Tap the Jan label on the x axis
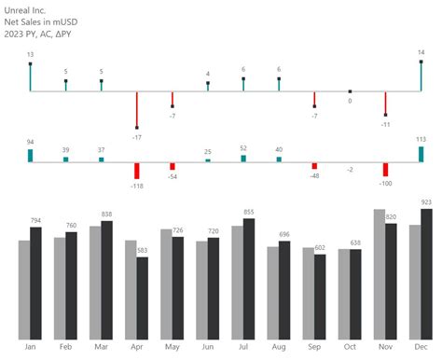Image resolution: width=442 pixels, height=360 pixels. (x=30, y=347)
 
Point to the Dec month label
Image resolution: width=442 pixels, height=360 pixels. (x=421, y=347)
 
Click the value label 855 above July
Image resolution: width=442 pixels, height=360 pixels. (x=248, y=213)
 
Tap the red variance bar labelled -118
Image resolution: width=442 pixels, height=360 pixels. (x=136, y=171)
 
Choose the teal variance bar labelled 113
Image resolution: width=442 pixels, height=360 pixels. (x=421, y=155)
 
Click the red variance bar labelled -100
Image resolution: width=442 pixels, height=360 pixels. (x=385, y=170)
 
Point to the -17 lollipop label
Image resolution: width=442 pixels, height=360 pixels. (x=137, y=137)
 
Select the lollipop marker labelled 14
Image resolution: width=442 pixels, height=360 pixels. (x=421, y=63)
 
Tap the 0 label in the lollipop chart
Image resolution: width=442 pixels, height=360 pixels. (x=350, y=101)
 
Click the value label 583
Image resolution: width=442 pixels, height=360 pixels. (x=142, y=251)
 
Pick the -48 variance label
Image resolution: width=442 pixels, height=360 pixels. (x=314, y=175)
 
